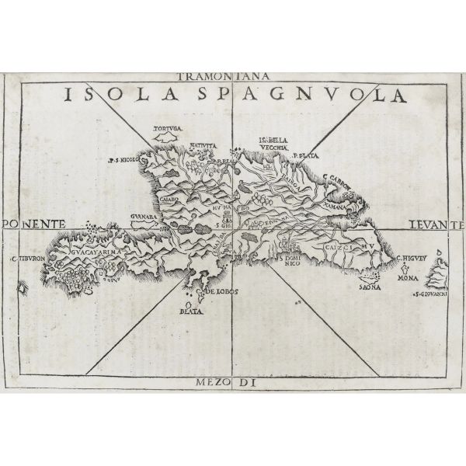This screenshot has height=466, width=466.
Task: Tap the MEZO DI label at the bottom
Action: [232, 381]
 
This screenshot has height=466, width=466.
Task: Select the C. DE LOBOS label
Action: [218, 293]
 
